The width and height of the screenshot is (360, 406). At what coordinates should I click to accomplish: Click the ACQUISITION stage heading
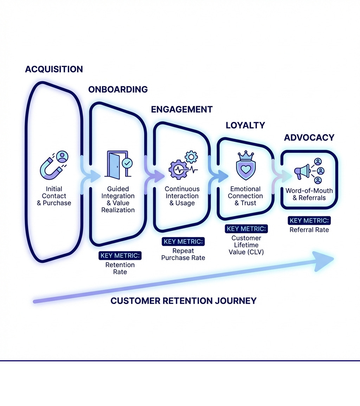point(54,69)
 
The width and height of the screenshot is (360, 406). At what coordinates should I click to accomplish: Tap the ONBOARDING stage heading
point(118,89)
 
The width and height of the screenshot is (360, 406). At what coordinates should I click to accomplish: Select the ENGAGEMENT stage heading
point(182,109)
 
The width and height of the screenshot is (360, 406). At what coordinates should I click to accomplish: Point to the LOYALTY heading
point(245,125)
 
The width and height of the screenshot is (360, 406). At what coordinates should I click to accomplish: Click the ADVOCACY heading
point(309,138)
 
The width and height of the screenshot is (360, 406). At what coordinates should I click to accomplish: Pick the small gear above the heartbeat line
point(192,157)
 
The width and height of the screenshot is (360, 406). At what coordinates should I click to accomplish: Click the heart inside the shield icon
point(246,169)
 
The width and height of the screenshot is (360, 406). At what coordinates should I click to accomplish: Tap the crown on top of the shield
point(246,155)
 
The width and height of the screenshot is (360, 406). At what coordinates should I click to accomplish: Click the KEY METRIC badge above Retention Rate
point(120,256)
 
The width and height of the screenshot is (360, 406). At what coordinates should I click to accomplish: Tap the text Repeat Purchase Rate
point(183,254)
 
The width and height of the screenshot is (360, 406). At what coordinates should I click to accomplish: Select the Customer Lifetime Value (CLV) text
point(246,245)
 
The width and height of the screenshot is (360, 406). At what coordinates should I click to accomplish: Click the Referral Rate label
point(309,230)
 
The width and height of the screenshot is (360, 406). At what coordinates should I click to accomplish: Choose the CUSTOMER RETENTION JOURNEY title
point(183,301)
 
